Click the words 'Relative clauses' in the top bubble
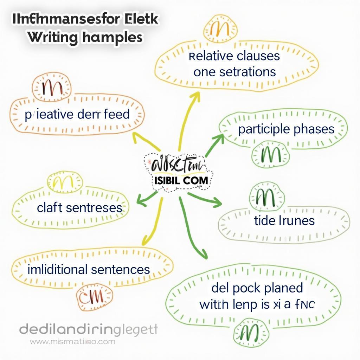tap(234, 56)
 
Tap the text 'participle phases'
tap(286, 129)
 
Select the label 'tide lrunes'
tap(284, 220)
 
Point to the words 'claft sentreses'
tap(79, 207)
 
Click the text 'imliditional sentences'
tap(89, 270)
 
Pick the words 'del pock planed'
tap(257, 288)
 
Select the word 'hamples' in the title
tap(112, 37)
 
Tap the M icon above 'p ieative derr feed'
tap(51, 86)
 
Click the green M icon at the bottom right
tap(251, 330)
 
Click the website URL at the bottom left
tap(72, 341)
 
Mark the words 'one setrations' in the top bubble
tap(234, 72)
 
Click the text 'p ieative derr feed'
tap(77, 115)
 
